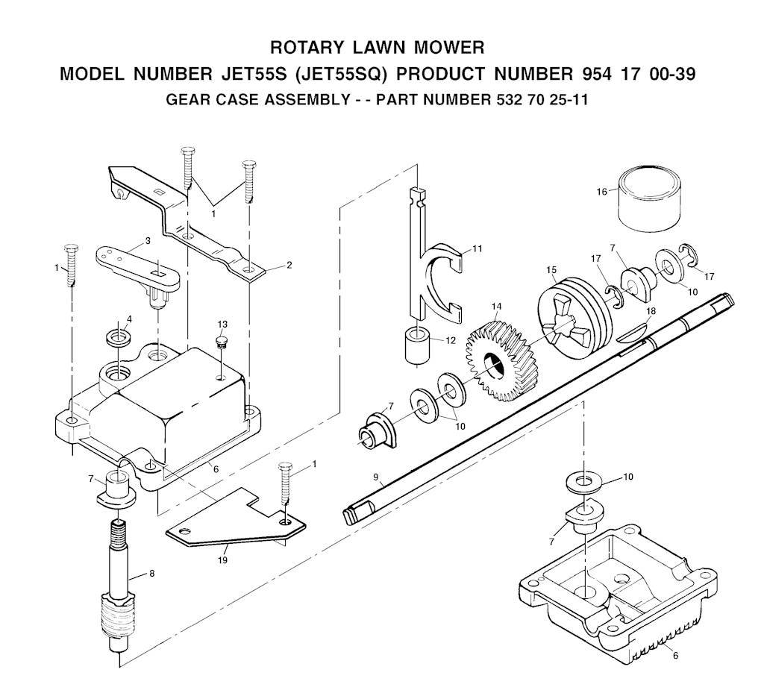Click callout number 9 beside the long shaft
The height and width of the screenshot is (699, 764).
tap(376, 477)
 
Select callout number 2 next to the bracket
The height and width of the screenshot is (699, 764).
tap(289, 265)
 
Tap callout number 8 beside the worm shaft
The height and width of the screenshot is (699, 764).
tap(152, 574)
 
